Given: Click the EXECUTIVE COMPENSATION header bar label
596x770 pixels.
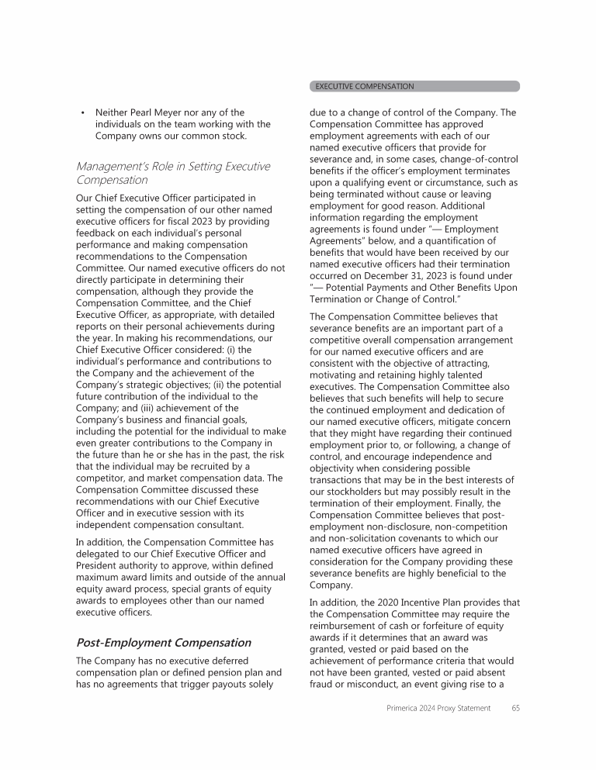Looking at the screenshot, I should pos(364,86).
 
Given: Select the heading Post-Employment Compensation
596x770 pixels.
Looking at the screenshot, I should pos(163,643).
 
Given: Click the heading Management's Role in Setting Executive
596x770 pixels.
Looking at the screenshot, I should pos(173,166).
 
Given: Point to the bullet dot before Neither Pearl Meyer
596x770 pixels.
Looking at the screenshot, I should pos(82,112).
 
